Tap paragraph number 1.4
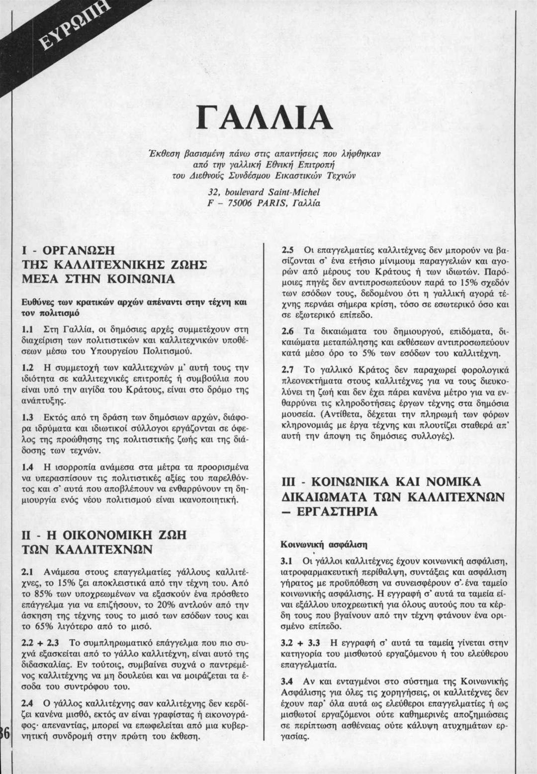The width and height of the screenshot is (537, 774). pos(28,468)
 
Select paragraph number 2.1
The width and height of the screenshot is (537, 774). pos(28,571)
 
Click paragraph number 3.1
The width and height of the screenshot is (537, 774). pos(287,561)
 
